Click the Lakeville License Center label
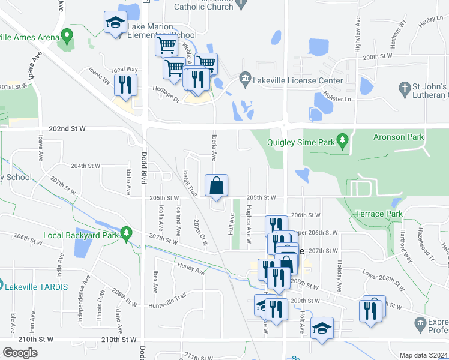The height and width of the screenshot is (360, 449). pos(299,80)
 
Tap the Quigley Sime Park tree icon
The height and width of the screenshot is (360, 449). pos(343,141)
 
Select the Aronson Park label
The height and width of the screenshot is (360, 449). pos(399,137)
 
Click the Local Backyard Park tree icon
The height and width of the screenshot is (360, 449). pos(125,232)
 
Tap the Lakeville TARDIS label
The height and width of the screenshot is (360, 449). pos(38,286)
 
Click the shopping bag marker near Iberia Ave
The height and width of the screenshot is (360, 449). pos(217,186)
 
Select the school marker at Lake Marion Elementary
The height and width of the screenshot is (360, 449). pos(115,24)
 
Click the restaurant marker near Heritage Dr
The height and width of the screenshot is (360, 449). pos(125,85)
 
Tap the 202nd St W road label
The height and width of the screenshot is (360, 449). pos(67,128)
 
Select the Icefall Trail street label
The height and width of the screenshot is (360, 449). pos(189,182)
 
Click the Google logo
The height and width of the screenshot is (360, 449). pos(20,353)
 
